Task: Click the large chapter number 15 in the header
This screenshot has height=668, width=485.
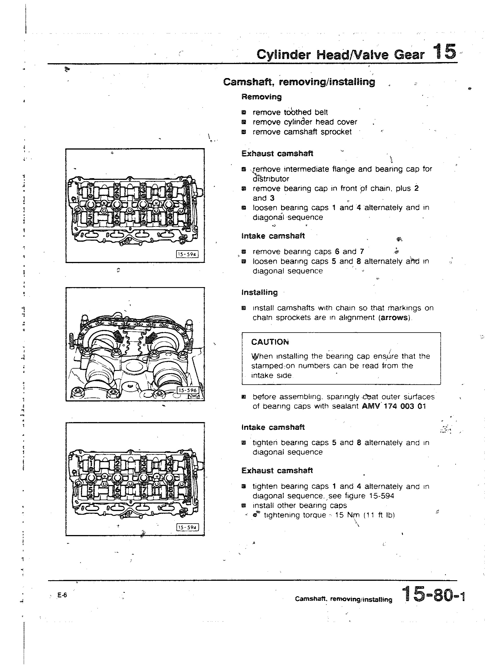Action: [x=445, y=52]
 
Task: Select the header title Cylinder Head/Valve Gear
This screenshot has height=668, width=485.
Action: [x=340, y=55]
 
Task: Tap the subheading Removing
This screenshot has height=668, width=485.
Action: [x=261, y=97]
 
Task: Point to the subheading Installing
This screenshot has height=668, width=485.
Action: [x=259, y=293]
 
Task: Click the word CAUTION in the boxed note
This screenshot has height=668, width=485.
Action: [x=270, y=342]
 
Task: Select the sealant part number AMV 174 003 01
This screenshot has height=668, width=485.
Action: [x=394, y=406]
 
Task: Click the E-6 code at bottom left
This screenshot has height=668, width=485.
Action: [x=62, y=595]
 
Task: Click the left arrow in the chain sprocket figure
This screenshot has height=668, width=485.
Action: [x=118, y=335]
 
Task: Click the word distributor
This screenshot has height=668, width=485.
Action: [x=271, y=179]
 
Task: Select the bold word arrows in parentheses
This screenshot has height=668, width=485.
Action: [x=395, y=318]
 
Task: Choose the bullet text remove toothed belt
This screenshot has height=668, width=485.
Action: [x=290, y=112]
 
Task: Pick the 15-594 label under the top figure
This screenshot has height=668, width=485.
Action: [x=187, y=254]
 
